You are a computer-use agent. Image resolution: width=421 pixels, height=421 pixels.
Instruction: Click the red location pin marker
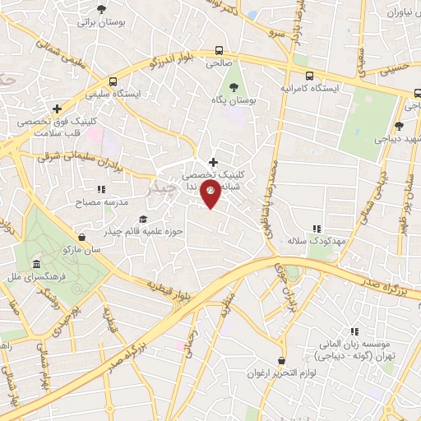212,196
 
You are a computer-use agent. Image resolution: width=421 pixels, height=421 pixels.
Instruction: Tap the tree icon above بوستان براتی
101,10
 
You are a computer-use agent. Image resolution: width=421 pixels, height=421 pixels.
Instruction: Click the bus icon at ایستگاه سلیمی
113,81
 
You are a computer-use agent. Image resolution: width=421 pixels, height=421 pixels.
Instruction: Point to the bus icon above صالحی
218,49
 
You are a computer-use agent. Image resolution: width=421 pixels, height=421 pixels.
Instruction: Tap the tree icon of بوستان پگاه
234,86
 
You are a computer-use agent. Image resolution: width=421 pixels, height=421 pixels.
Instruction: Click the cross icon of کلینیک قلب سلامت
57,108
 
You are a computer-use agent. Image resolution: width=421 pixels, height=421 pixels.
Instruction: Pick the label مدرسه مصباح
102,201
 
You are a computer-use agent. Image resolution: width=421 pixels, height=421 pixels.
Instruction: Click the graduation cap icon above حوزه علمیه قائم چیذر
143,219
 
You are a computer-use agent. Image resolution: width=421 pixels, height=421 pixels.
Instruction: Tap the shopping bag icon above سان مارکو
81,238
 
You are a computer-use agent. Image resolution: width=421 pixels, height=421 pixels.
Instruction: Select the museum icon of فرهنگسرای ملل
36,264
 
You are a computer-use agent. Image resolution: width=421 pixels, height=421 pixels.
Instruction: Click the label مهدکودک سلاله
308,242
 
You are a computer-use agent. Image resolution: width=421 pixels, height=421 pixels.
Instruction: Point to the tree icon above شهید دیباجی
399,126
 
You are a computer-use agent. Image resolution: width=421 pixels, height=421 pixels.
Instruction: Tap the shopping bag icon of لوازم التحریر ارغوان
281,361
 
